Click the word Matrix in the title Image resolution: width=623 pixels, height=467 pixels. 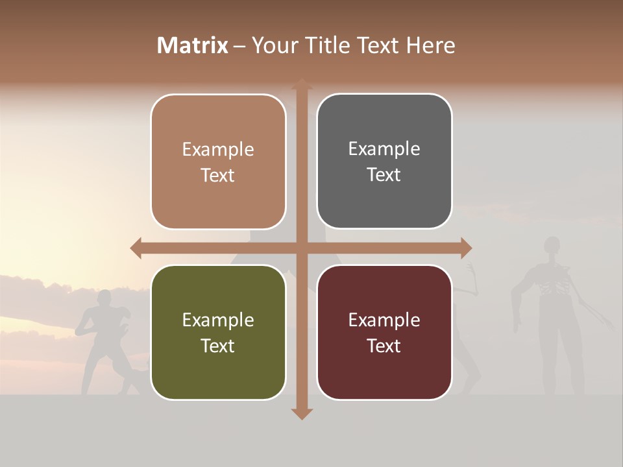pos(193,45)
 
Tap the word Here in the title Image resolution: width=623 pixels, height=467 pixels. pos(431,45)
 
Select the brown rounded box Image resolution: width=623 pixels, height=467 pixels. pos(218,162)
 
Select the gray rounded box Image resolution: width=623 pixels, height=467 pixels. pos(384,162)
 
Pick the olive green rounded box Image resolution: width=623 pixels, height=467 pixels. pos(218,332)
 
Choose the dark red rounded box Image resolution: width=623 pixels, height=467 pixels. pos(384,332)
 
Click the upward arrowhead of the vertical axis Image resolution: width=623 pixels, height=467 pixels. pos(302,84)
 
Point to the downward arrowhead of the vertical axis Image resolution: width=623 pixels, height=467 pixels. pos(302,413)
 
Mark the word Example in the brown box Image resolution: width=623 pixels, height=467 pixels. pos(218,149)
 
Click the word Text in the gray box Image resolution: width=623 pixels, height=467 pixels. pos(384,175)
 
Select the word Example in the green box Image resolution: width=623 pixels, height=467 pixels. pos(218,320)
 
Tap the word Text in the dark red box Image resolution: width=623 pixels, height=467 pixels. pos(384,346)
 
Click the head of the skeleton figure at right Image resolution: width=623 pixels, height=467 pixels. pos(552,246)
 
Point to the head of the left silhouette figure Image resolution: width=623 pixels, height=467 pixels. pos(103,300)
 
